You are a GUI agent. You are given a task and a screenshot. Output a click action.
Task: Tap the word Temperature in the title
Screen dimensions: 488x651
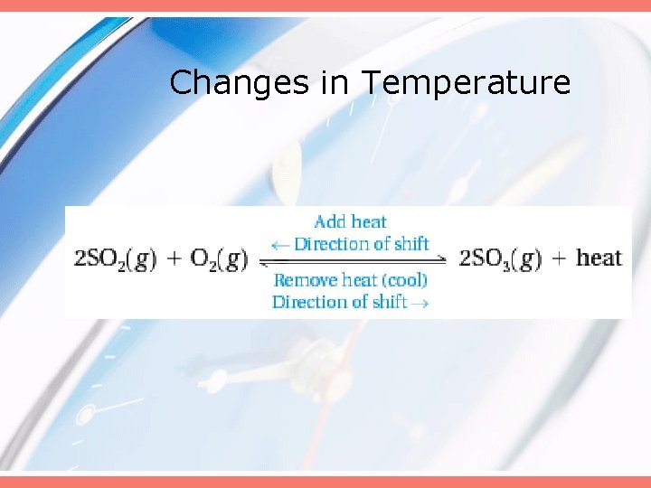(x=467, y=83)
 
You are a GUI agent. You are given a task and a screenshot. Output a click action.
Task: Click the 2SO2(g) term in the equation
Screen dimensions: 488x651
(x=115, y=258)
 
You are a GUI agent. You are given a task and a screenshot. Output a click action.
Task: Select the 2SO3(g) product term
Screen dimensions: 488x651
(x=500, y=258)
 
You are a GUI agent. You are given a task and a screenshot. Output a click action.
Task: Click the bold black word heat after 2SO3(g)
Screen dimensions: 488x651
(x=599, y=258)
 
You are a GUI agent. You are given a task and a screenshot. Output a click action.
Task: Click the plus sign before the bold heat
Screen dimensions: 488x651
(x=560, y=258)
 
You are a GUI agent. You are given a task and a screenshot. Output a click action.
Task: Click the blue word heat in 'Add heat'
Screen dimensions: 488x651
(x=370, y=222)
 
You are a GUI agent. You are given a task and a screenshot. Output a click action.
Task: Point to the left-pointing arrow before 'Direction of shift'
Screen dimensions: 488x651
(x=280, y=244)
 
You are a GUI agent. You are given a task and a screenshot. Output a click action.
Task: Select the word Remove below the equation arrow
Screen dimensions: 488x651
(x=305, y=281)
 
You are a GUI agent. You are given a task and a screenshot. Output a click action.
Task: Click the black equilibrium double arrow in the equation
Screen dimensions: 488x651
(x=353, y=260)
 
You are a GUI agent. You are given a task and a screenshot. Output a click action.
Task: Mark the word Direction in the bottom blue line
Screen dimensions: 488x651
(x=310, y=302)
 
